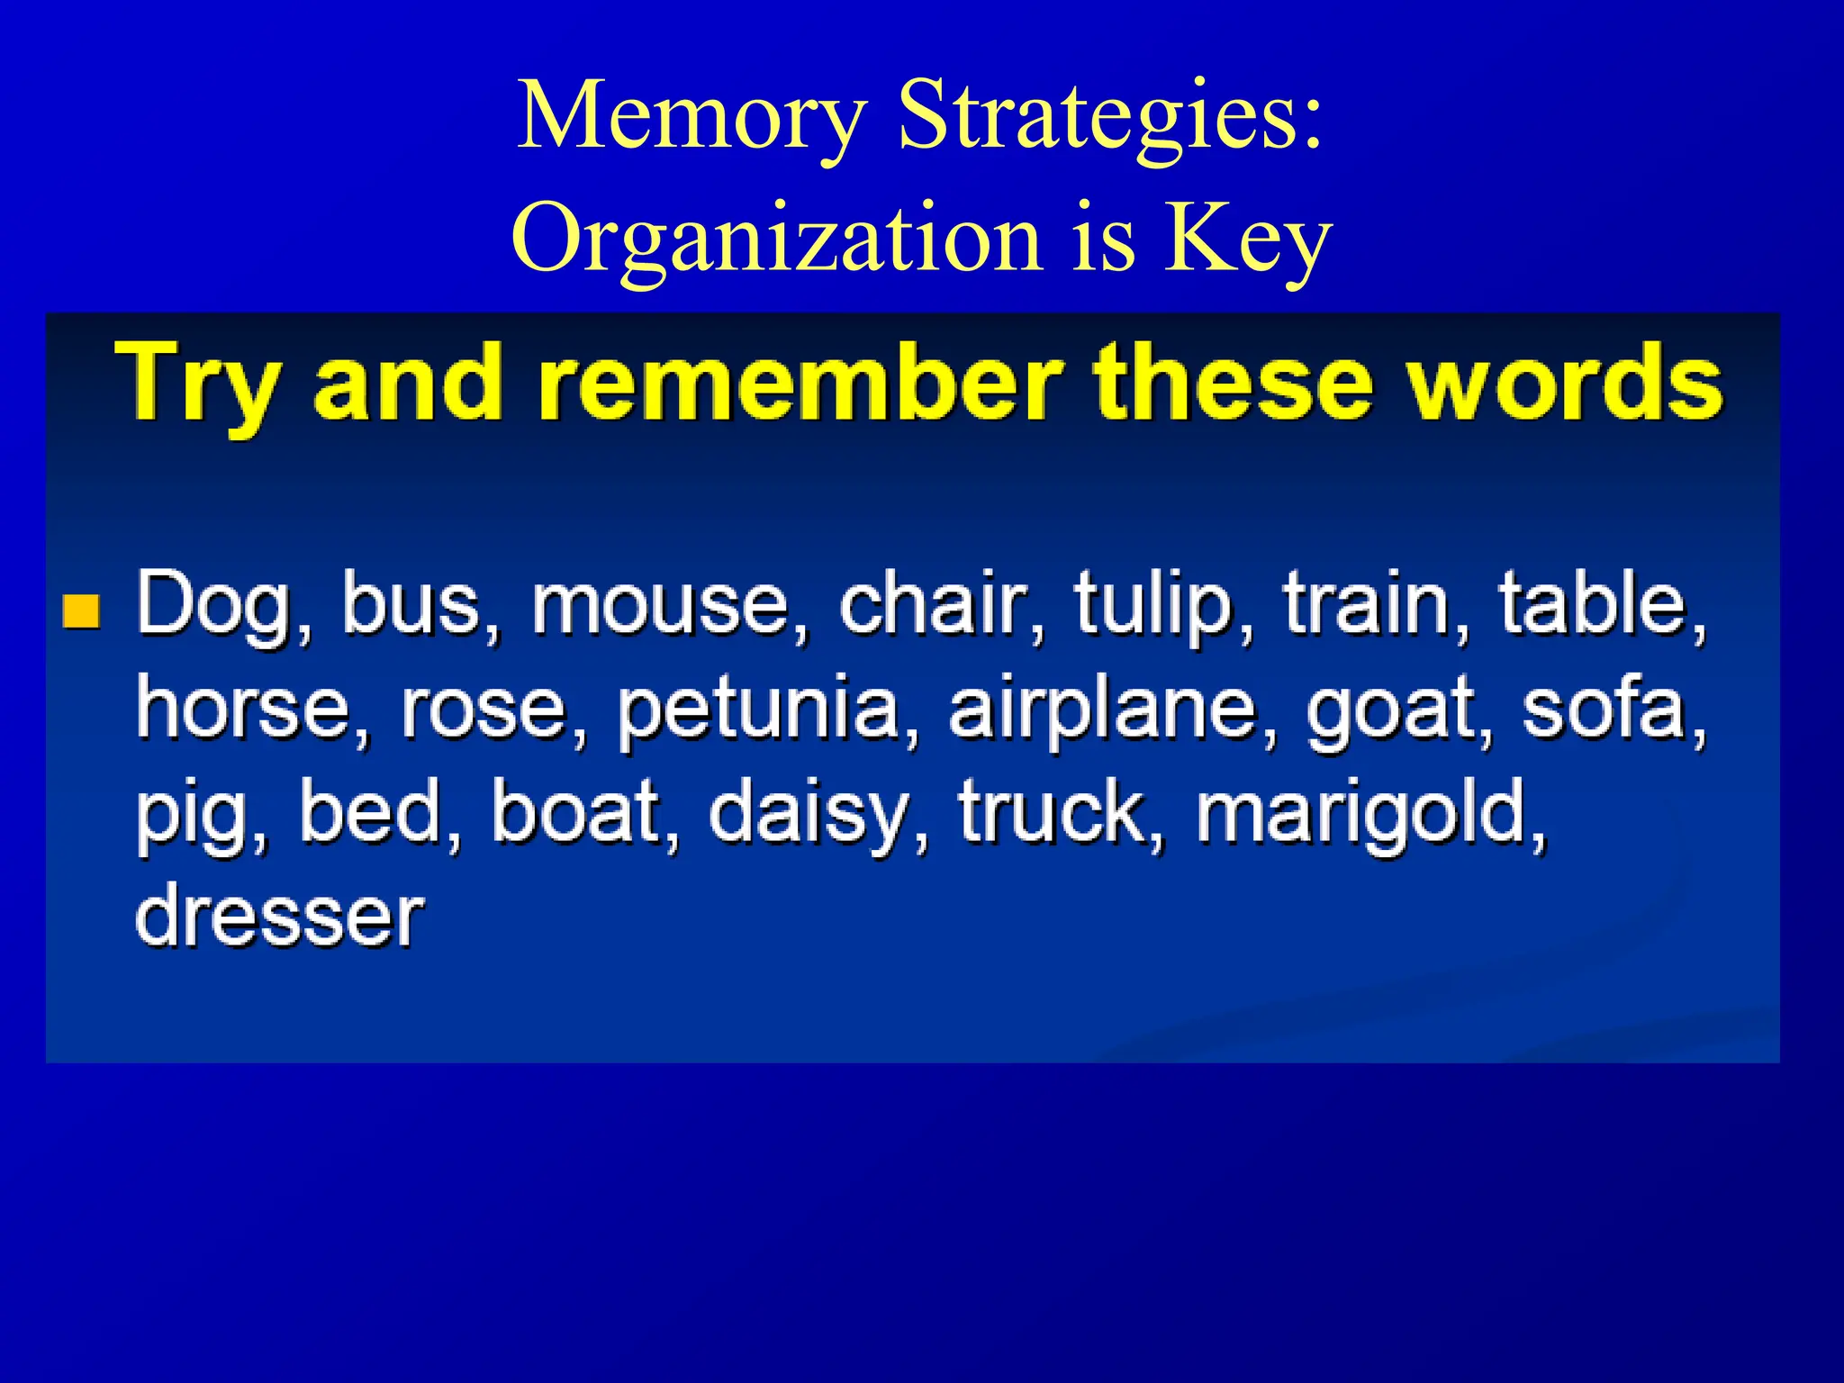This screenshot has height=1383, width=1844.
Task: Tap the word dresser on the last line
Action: pyautogui.click(x=279, y=917)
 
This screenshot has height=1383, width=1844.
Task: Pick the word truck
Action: pyautogui.click(x=1050, y=814)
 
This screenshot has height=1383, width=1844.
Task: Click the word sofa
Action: pyautogui.click(x=1604, y=710)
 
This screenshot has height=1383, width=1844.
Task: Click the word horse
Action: pyautogui.click(x=242, y=710)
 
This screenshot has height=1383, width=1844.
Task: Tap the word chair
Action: pyautogui.click(x=932, y=603)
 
